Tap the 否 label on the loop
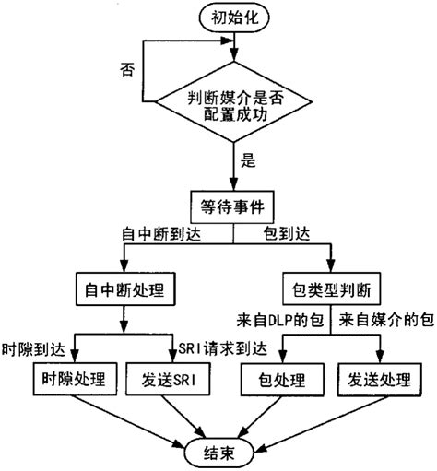click(129, 69)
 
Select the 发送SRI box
click(171, 379)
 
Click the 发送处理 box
click(378, 379)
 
